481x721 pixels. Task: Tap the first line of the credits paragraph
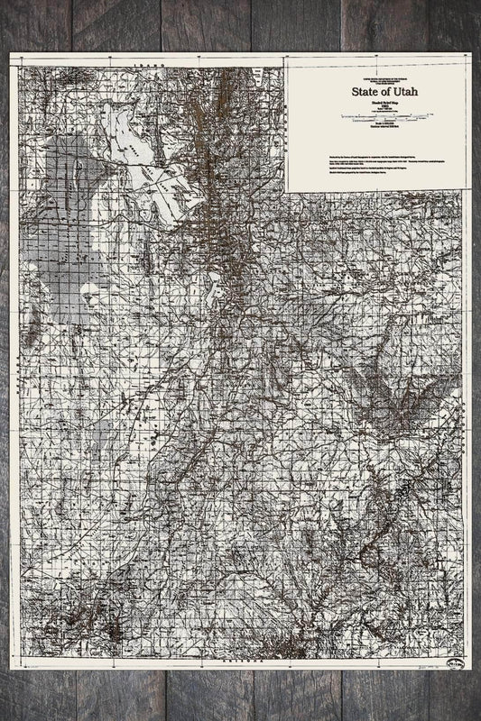pyautogui.click(x=370, y=155)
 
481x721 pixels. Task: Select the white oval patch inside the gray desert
pyautogui.click(x=90, y=290)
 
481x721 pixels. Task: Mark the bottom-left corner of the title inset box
pyautogui.click(x=287, y=191)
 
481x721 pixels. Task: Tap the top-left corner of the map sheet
pyautogui.click(x=11, y=53)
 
